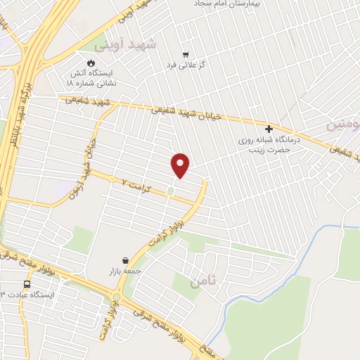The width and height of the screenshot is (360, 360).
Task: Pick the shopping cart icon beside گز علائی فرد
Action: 186,54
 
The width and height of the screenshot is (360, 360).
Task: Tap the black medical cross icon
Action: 269,129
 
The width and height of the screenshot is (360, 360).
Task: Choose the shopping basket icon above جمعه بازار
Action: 125,260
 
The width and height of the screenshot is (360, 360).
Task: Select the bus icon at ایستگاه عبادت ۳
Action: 27,285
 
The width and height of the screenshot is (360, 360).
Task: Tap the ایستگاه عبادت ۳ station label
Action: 27,295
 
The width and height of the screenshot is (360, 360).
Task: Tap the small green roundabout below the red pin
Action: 170,190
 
